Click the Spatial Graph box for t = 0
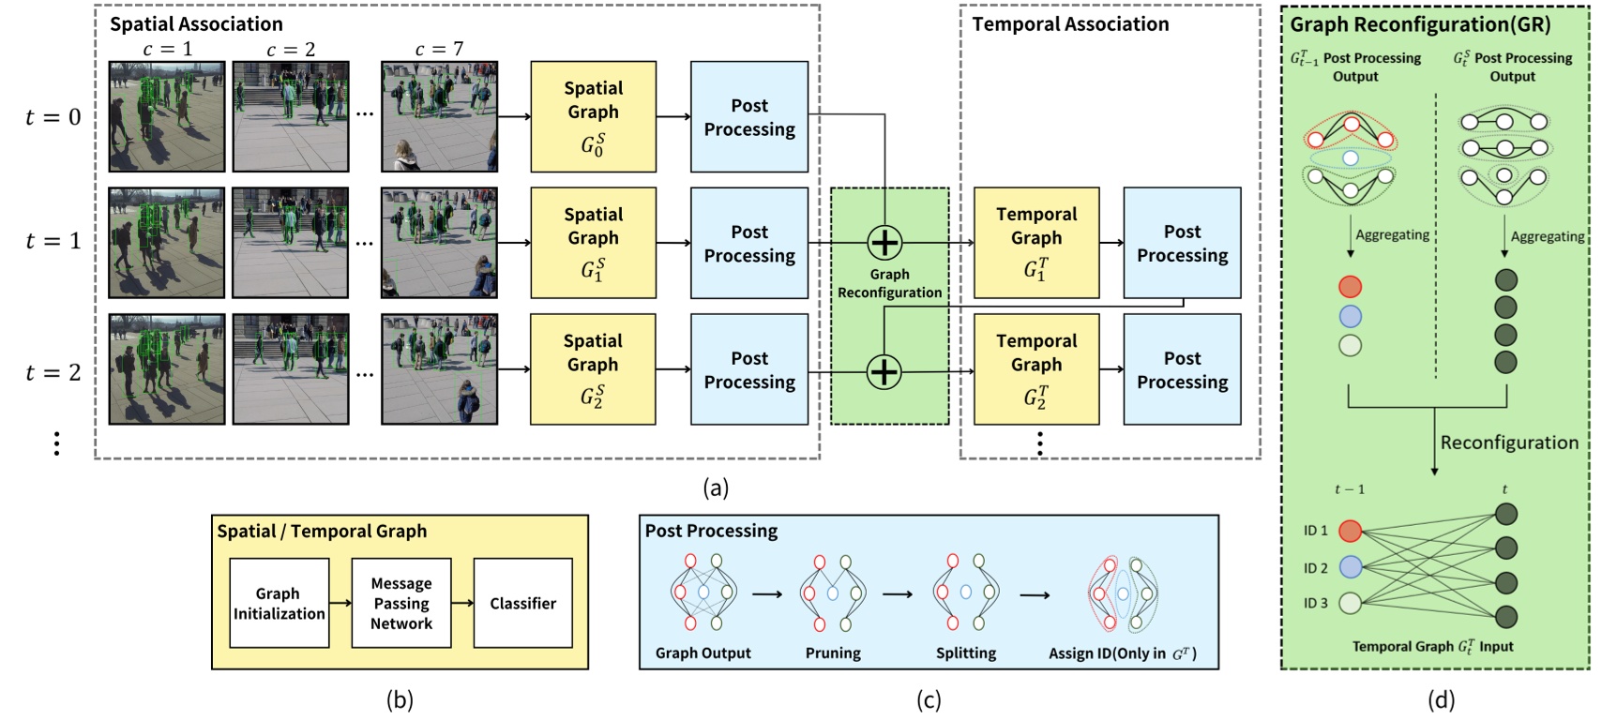coord(593,116)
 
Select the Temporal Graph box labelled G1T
coord(1035,242)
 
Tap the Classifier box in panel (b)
coord(522,603)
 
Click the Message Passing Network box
coord(401,603)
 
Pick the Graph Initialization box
coord(279,603)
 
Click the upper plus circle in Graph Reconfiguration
coord(884,243)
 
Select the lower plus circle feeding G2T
coord(884,371)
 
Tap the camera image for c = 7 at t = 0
coord(439,116)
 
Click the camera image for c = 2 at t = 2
coord(291,368)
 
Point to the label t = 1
coord(53,241)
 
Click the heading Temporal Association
coord(1070,24)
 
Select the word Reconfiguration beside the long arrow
coord(1509,443)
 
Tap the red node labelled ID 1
coord(1350,532)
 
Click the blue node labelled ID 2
coord(1350,567)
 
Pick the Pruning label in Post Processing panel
coord(833,653)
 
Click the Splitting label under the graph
coord(966,653)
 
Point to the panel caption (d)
coord(1441,699)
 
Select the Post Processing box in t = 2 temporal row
coord(1182,369)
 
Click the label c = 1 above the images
coord(167,49)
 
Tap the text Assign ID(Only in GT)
coord(1122,653)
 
